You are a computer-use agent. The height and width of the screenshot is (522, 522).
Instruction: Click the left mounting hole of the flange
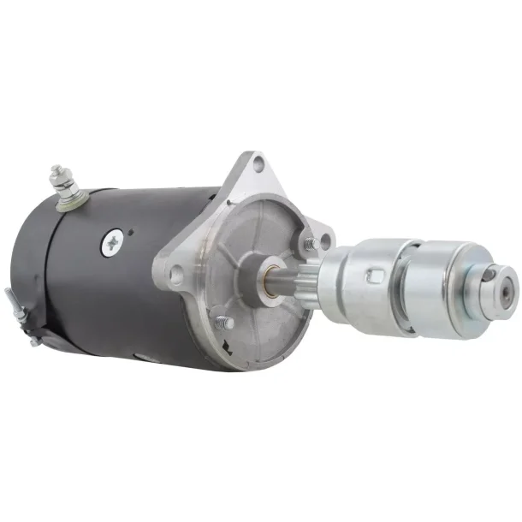click(x=175, y=275)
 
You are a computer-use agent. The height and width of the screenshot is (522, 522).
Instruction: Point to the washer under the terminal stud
click(x=66, y=203)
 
